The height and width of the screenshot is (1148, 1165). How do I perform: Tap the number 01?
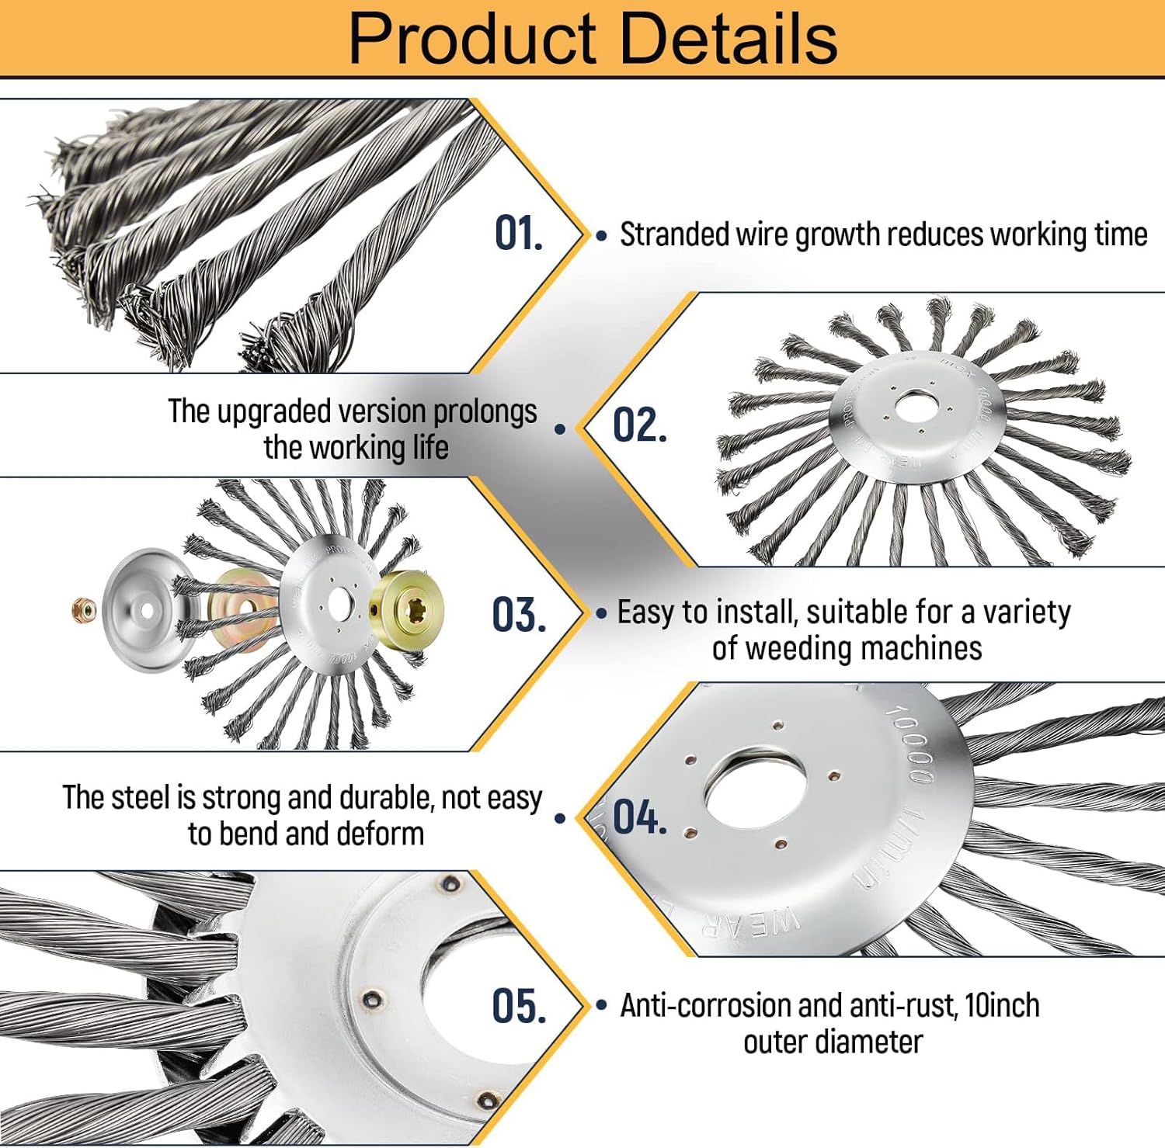click(518, 234)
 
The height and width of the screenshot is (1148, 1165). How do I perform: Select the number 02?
click(639, 425)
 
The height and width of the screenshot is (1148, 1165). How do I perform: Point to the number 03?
click(518, 616)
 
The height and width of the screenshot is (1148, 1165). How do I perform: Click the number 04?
click(639, 817)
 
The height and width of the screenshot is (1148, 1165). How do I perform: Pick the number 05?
click(518, 1007)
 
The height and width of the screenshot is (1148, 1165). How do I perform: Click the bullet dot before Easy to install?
click(601, 613)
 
